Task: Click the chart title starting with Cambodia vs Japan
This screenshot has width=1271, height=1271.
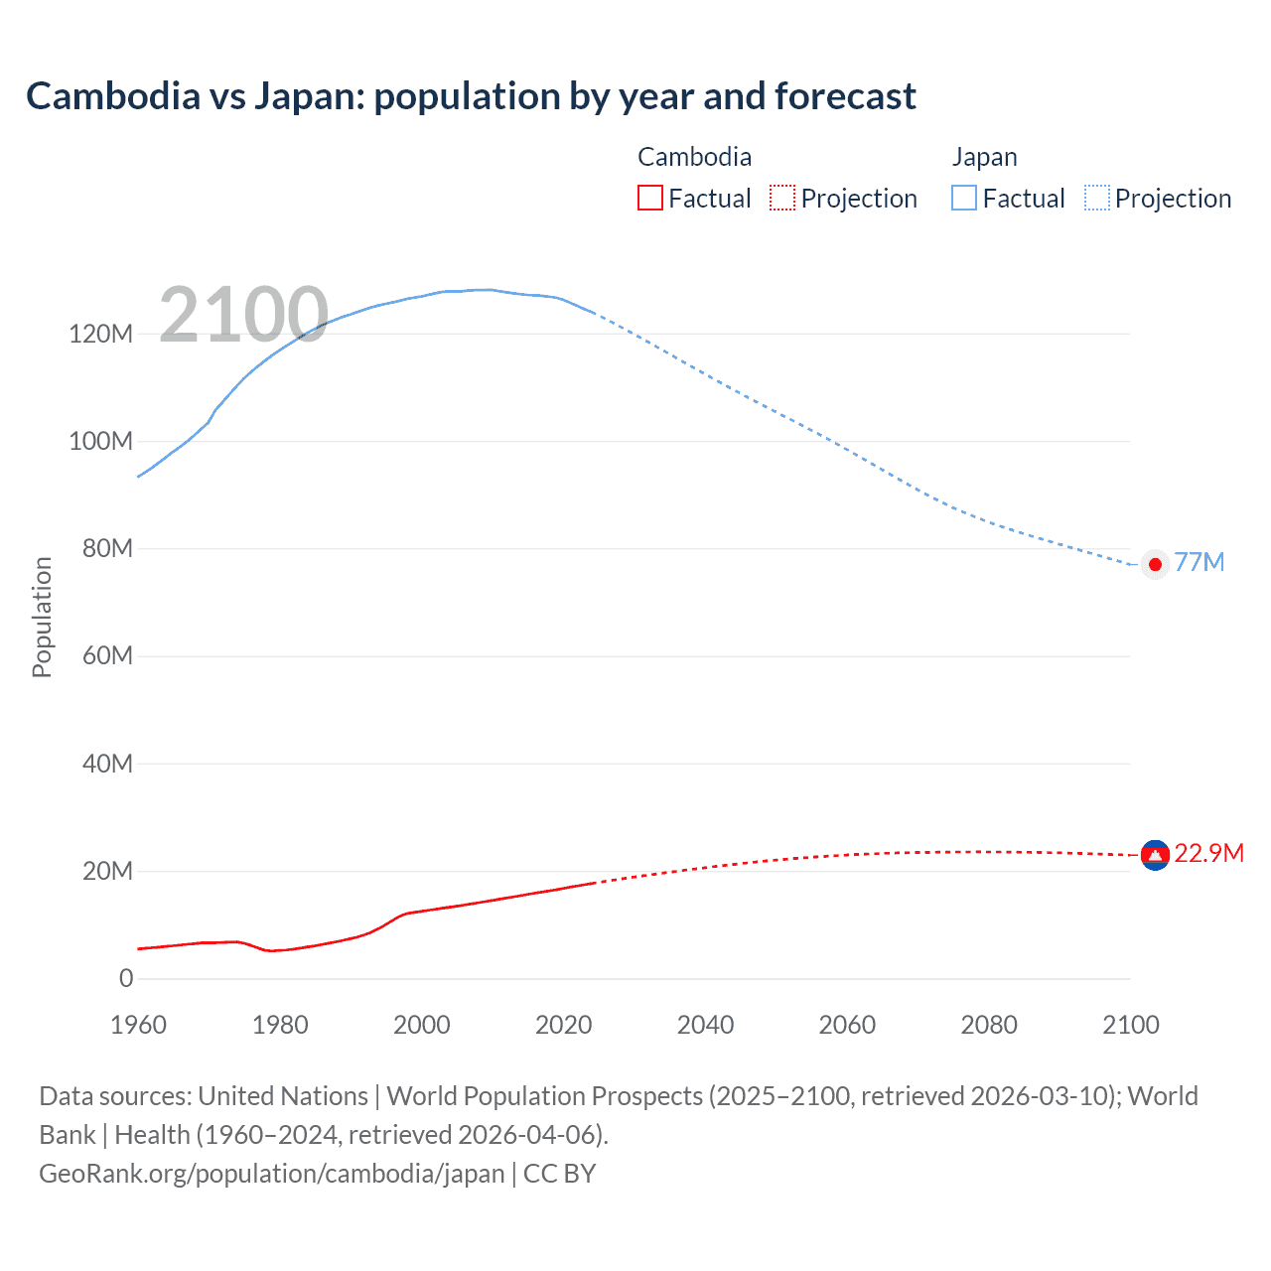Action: pos(471,96)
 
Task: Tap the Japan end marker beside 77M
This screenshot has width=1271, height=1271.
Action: pos(1155,564)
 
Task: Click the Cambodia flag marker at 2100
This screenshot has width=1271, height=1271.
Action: pos(1155,854)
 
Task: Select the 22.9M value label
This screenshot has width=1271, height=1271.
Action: pos(1208,854)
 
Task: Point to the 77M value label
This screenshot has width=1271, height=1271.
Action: pos(1199,562)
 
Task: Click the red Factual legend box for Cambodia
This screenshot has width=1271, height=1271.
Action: pos(650,198)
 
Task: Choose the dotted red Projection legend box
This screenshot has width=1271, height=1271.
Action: pos(782,198)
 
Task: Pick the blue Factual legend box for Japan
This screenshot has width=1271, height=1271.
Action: pos(964,198)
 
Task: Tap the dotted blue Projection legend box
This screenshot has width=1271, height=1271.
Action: pos(1097,198)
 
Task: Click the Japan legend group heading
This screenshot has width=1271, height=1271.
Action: pos(984,157)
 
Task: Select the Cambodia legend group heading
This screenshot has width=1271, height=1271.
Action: pos(694,157)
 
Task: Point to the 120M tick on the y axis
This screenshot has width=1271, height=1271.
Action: pos(100,334)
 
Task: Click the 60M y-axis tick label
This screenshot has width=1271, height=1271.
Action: pos(106,655)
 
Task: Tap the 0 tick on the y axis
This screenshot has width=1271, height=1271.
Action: pos(126,978)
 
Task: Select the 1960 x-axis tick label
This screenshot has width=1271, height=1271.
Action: pos(138,1025)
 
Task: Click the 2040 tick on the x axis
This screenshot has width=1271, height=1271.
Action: pos(705,1025)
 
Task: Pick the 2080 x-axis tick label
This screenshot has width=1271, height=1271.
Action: pos(989,1025)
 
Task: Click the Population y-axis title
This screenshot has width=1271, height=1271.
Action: pos(42,617)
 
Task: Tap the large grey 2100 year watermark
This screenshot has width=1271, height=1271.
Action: pos(243,315)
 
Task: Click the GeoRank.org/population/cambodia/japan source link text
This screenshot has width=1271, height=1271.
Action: pos(272,1174)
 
